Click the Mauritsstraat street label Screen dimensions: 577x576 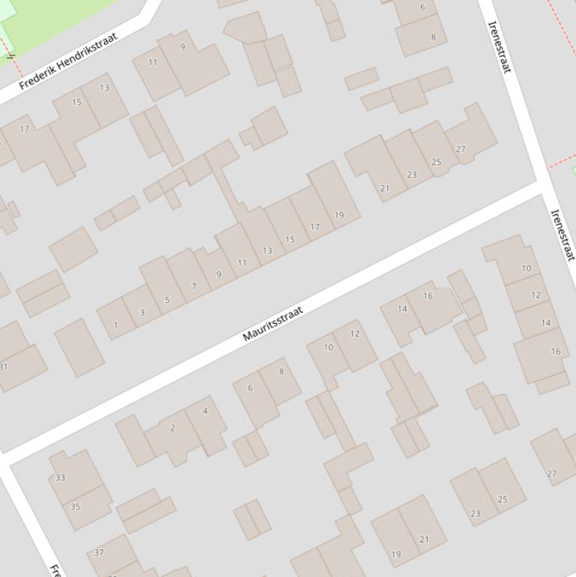pyautogui.click(x=273, y=324)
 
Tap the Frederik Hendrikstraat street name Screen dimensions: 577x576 pyautogui.click(x=68, y=61)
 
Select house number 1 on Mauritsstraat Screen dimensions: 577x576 pyautogui.click(x=115, y=325)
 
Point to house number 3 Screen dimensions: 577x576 pyautogui.click(x=142, y=312)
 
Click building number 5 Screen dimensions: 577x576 pyautogui.click(x=167, y=300)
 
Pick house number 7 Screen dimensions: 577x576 pyautogui.click(x=194, y=286)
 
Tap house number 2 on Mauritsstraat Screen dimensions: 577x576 pyautogui.click(x=172, y=428)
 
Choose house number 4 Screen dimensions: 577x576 pyautogui.click(x=204, y=411)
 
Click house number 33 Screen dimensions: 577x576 pyautogui.click(x=60, y=477)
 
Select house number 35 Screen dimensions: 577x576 pyautogui.click(x=75, y=507)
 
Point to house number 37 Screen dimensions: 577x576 pyautogui.click(x=99, y=552)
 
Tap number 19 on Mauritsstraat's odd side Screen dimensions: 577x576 pyautogui.click(x=339, y=215)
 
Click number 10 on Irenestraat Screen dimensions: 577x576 pyautogui.click(x=526, y=268)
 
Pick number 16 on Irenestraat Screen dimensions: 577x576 pyautogui.click(x=555, y=351)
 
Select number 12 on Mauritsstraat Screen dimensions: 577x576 pyautogui.click(x=354, y=333)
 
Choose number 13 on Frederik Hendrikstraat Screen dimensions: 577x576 pyautogui.click(x=104, y=88)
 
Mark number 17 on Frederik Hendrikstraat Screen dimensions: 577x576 pyautogui.click(x=25, y=129)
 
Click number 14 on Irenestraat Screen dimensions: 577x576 pyautogui.click(x=545, y=323)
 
